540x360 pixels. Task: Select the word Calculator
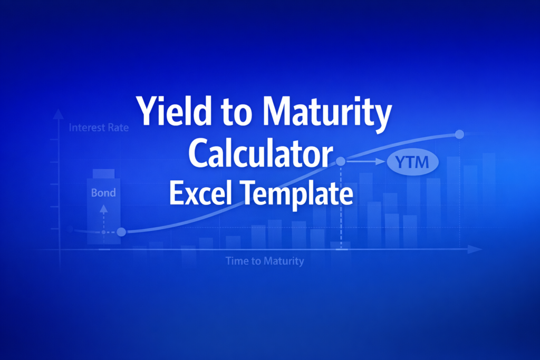[x=261, y=153]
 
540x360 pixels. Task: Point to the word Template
[x=297, y=195]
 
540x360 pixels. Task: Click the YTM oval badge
[x=412, y=162]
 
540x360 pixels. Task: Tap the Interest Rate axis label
[x=99, y=128]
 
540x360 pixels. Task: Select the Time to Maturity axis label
[x=265, y=261]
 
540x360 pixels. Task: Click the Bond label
[x=103, y=193]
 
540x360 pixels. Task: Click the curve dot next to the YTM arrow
[x=341, y=161]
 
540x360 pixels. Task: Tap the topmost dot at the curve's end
[x=459, y=134]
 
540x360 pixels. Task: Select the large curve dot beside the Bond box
[x=121, y=231]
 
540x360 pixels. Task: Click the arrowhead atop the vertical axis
[x=59, y=113]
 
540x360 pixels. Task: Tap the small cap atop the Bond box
[x=103, y=173]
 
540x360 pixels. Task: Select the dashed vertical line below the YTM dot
[x=341, y=207]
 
